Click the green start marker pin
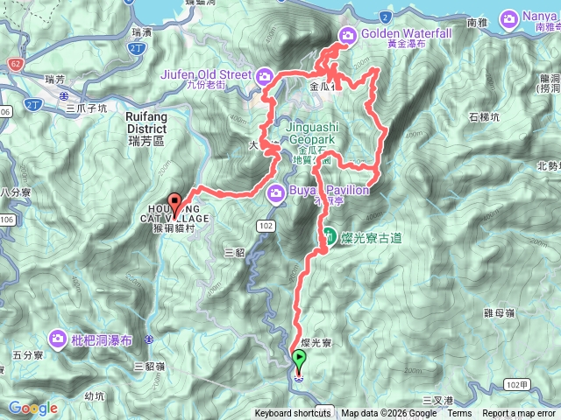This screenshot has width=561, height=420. (x=300, y=359)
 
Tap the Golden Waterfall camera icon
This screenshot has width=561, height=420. (x=347, y=34)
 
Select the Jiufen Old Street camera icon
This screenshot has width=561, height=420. (x=264, y=75)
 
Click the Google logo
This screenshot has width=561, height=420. (x=32, y=408)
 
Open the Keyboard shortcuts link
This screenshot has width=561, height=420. (x=293, y=414)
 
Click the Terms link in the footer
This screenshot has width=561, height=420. (x=459, y=414)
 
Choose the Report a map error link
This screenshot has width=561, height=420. (x=519, y=414)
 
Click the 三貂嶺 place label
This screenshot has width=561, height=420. (x=150, y=366)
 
